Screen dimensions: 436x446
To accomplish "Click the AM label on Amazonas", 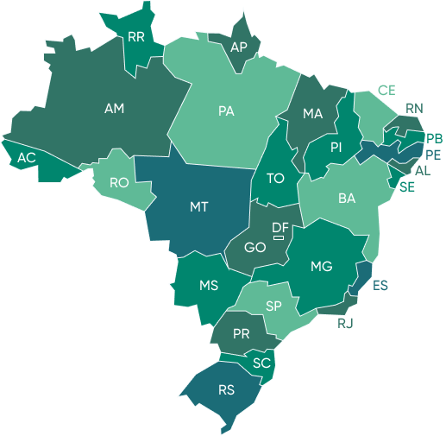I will (114, 109).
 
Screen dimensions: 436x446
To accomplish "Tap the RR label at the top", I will (135, 37).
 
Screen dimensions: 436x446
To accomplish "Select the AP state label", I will (239, 47).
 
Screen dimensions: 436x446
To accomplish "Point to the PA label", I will (226, 111).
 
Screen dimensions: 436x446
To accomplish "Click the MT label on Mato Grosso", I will (198, 207).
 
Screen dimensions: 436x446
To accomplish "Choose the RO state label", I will (119, 183).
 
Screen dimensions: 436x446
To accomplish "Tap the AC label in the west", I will (27, 158).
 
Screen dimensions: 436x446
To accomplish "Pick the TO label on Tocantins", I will (275, 179).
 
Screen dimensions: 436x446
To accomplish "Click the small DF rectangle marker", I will (279, 237).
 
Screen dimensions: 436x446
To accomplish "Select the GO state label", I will (254, 248).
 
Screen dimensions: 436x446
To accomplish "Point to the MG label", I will (322, 267).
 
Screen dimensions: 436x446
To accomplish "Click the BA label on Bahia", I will (347, 199).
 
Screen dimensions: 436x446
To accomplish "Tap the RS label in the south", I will (226, 390).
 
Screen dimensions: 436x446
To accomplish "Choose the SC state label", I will (261, 363).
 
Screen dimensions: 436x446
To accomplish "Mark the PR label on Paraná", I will (242, 333).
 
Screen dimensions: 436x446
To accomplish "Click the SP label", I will (274, 306).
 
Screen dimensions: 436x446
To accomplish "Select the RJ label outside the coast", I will (346, 324).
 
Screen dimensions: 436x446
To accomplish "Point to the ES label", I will (380, 285).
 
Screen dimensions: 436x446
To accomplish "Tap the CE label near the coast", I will (386, 90).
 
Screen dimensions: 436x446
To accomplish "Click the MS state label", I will (209, 286).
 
